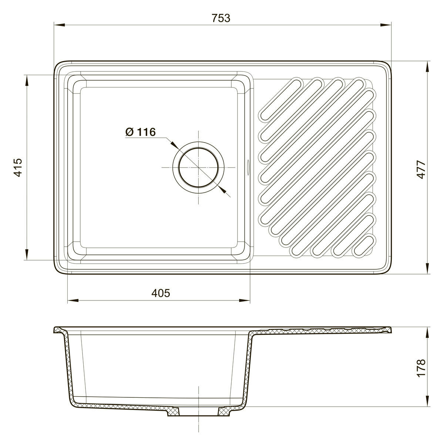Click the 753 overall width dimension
click(x=221, y=18)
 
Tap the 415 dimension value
click(x=18, y=168)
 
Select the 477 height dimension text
click(x=422, y=169)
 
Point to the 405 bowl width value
click(x=161, y=293)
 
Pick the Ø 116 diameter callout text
click(x=140, y=132)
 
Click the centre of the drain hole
click(x=198, y=168)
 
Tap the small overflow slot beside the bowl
click(x=248, y=168)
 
